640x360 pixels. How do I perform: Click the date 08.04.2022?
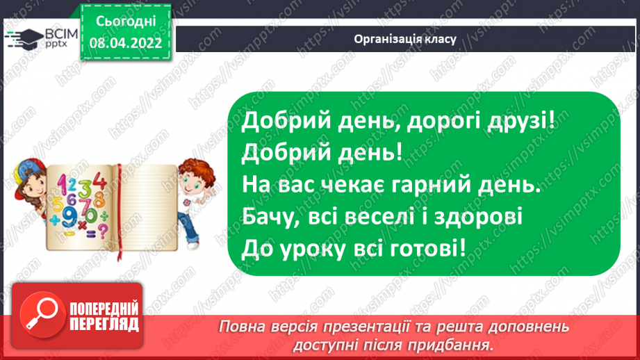pyautogui.click(x=126, y=43)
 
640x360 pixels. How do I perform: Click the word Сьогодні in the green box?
pyautogui.click(x=126, y=21)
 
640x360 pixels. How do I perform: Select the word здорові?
pyautogui.click(x=484, y=216)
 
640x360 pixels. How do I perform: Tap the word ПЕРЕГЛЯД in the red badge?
pyautogui.click(x=104, y=324)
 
